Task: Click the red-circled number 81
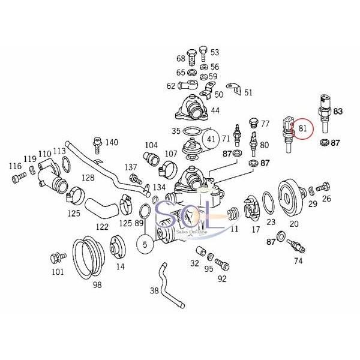click(304, 128)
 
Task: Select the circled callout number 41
click(211, 140)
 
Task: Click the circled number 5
click(145, 244)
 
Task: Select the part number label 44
click(214, 110)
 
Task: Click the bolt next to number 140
click(95, 144)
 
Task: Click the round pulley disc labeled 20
click(291, 195)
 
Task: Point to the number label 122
click(103, 227)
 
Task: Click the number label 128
click(88, 178)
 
